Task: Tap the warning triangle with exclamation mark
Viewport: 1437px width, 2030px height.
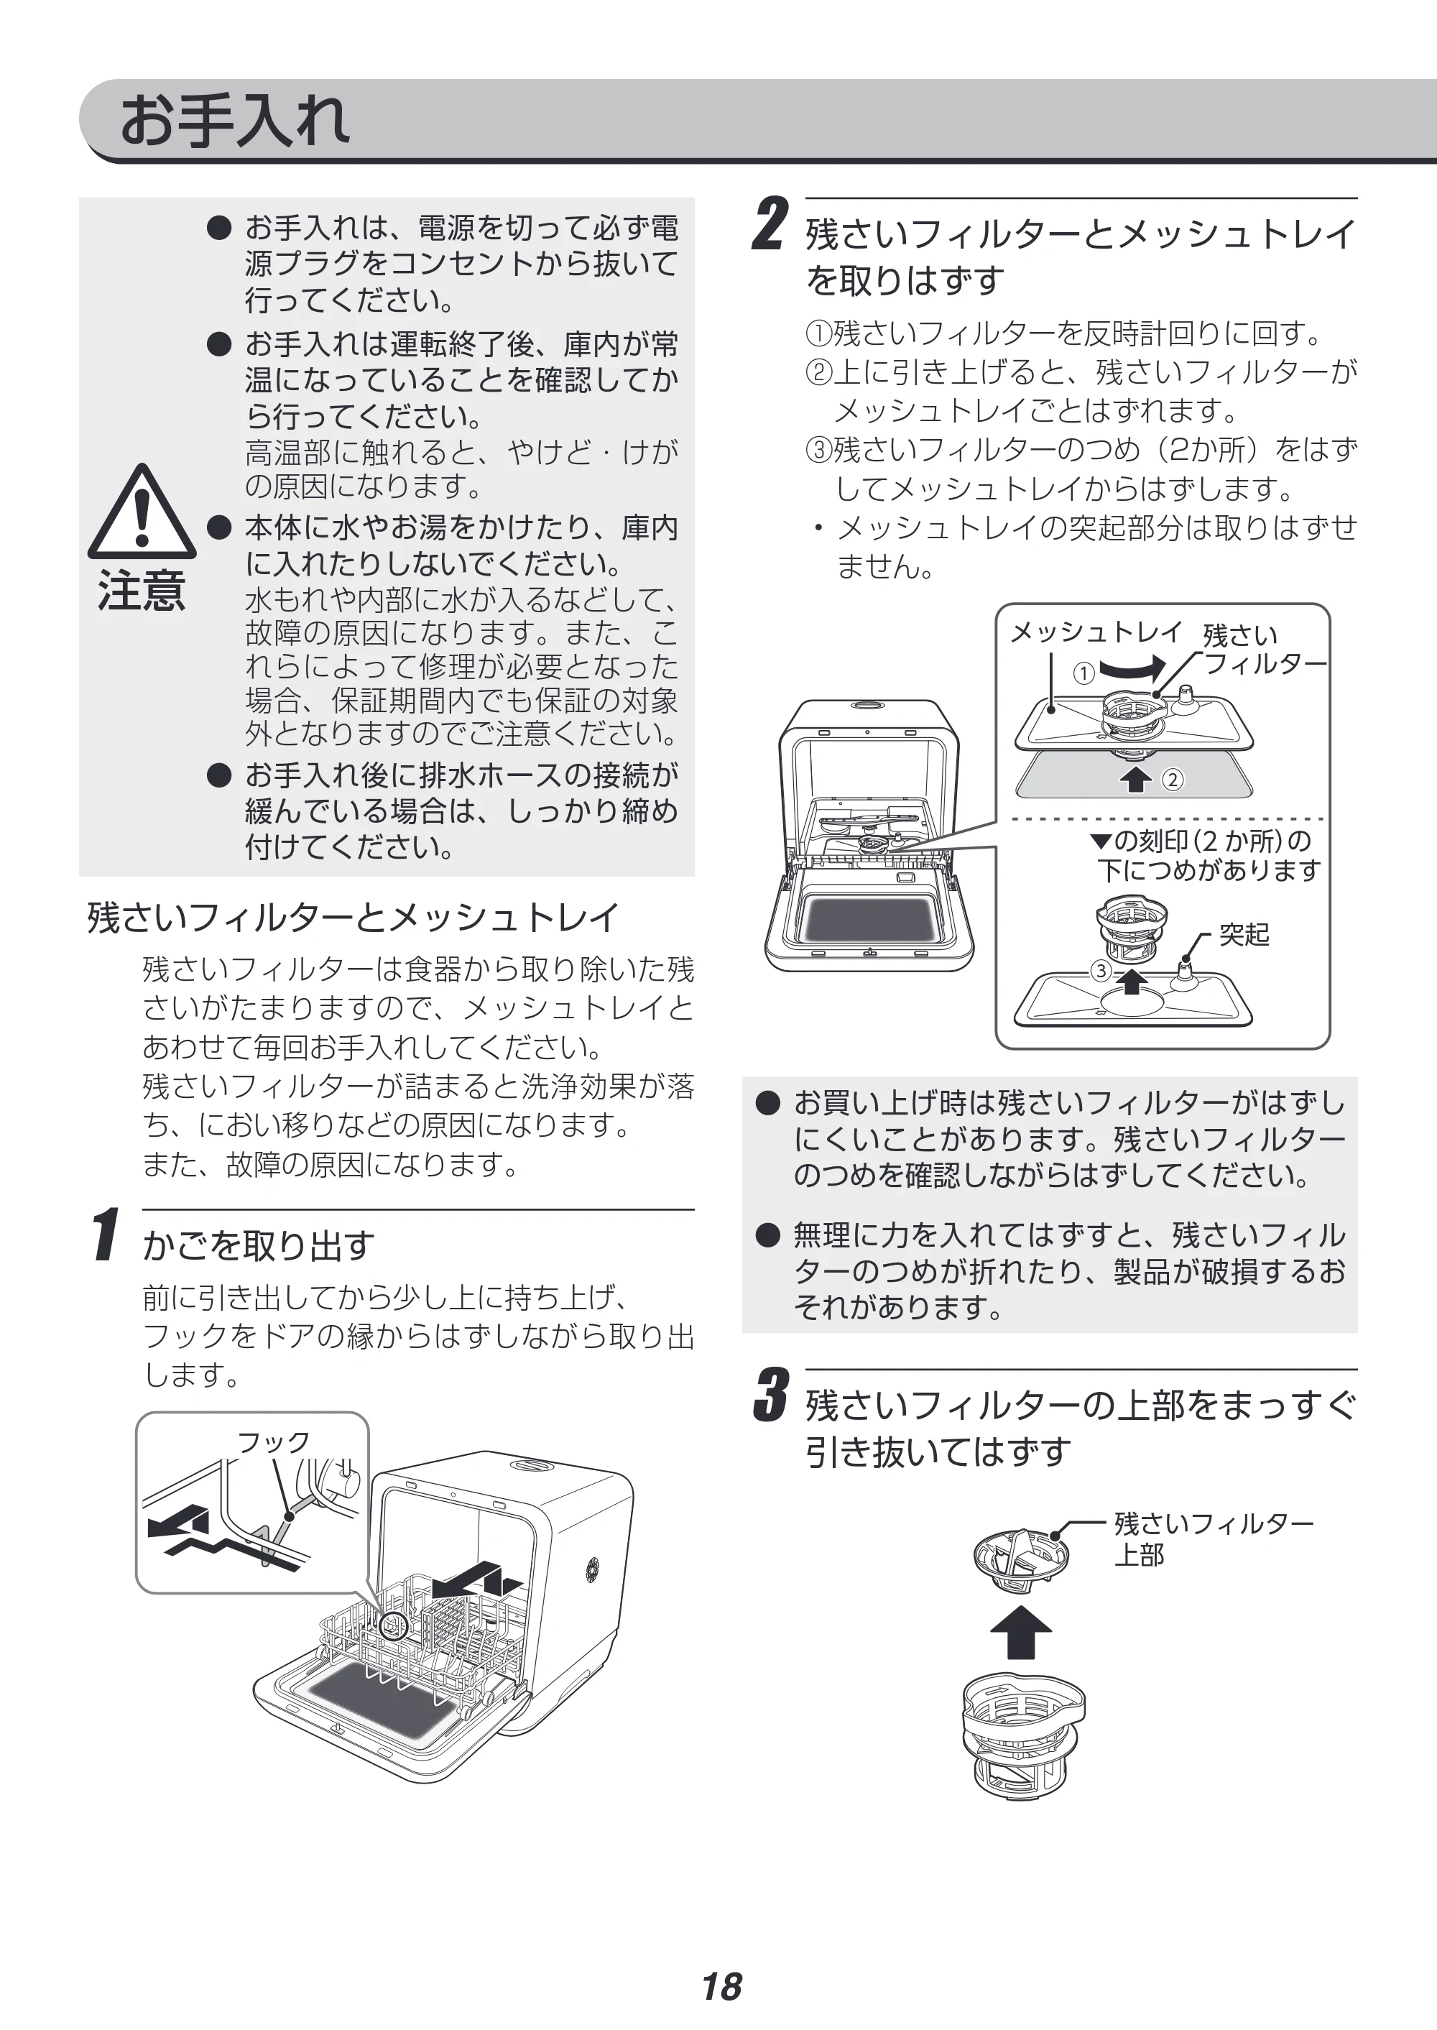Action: (142, 511)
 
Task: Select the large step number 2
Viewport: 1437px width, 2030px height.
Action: (769, 224)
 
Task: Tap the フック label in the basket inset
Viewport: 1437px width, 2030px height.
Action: (274, 1442)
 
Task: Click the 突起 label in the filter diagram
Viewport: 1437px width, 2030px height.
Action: (1244, 933)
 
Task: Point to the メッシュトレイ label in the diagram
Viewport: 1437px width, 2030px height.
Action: (1096, 631)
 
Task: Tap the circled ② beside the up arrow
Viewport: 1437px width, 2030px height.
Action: (1173, 780)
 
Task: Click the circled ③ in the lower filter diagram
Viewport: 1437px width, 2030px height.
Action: (1101, 971)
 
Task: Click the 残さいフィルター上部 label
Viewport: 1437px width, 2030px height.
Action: (1213, 1538)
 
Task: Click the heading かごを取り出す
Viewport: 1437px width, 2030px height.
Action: (259, 1245)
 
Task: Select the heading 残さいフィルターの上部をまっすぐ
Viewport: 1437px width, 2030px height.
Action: (1081, 1404)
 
